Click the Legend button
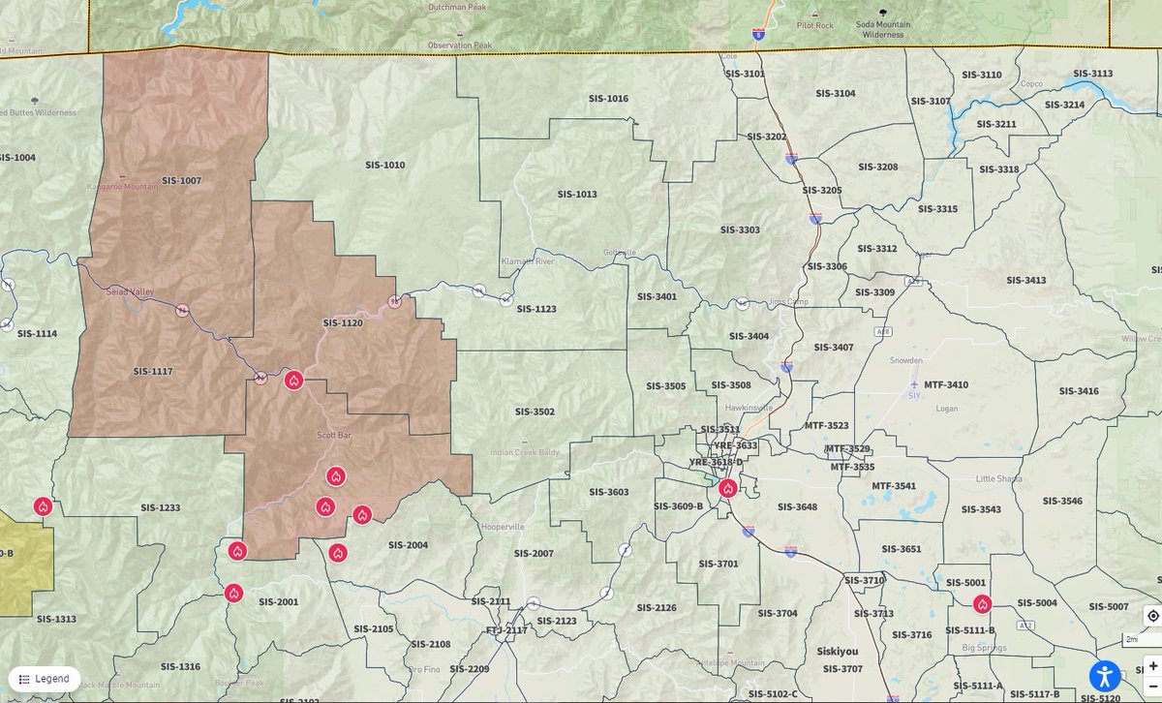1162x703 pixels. (45, 679)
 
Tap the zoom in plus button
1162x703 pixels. (1152, 666)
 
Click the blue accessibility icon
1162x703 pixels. (1105, 675)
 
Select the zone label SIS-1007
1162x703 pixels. (181, 181)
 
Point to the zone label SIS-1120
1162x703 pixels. (343, 322)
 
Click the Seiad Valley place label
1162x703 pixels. (130, 291)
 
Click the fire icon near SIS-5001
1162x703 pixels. (982, 604)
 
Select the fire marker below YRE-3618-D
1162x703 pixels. (727, 488)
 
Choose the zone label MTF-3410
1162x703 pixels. (945, 385)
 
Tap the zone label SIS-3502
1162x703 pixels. (535, 412)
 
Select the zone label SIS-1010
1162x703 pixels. (384, 166)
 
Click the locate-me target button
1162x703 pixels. (1152, 616)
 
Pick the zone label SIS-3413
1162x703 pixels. (1025, 281)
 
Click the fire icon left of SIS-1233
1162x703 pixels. (43, 506)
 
